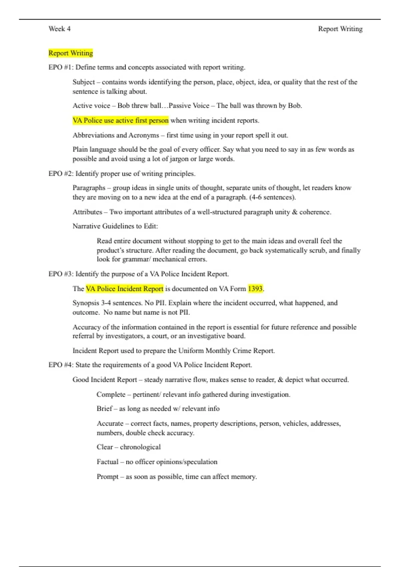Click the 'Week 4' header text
(59, 29)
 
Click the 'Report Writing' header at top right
(340, 29)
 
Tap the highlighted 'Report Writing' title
(71, 53)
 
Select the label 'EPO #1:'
(61, 67)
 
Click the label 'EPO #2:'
(61, 174)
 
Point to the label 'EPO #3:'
(61, 274)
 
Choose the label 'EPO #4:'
(61, 365)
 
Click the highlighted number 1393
(255, 289)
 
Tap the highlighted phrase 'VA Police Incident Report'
(125, 289)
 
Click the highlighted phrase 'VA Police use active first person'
(121, 120)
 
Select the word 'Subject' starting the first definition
(84, 82)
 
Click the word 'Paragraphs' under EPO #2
(89, 188)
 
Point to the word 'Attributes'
(87, 212)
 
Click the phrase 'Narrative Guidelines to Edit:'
(115, 226)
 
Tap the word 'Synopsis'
(86, 303)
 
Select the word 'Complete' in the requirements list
(111, 395)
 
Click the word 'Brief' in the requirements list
(104, 409)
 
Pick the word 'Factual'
(107, 462)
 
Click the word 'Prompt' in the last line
(107, 477)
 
